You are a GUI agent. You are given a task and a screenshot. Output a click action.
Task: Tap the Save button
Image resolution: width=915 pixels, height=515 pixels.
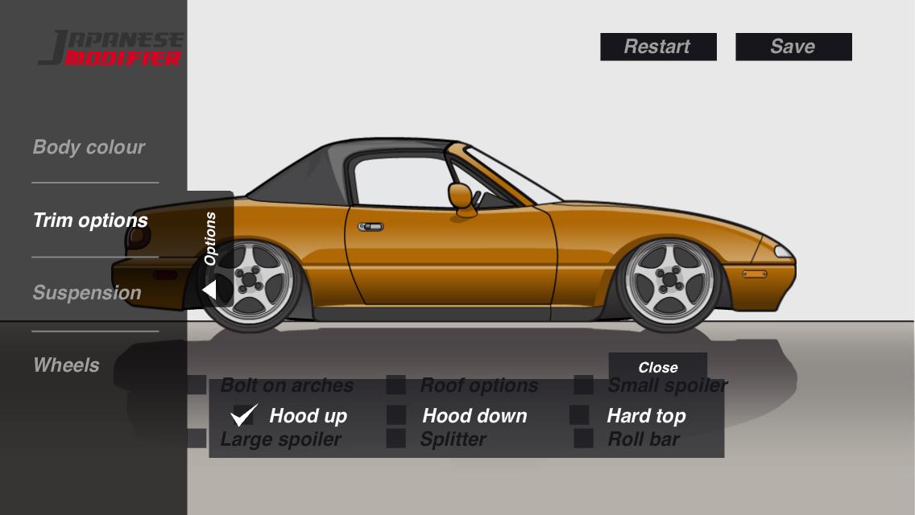point(793,47)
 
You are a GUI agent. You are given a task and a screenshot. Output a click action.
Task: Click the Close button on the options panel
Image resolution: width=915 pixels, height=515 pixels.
point(657,367)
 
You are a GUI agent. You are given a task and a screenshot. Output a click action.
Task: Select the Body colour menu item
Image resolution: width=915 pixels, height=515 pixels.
point(89,147)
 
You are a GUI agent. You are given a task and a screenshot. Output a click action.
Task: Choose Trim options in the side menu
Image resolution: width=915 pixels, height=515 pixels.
point(90,220)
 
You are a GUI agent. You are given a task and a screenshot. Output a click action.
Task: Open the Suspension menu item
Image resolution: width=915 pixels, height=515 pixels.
point(87,293)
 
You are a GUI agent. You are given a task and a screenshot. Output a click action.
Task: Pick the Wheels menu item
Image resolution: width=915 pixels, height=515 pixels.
point(66,365)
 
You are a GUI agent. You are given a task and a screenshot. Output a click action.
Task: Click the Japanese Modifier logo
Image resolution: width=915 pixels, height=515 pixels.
point(110,48)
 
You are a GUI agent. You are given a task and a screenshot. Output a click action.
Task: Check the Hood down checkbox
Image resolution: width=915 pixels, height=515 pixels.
point(396,415)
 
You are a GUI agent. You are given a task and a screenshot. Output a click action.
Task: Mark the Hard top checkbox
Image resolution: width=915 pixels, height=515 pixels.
point(579,415)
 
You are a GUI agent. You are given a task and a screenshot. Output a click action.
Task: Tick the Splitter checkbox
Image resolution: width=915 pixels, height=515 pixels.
point(395,439)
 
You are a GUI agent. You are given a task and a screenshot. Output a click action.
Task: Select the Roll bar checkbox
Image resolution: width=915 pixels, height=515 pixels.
point(583,439)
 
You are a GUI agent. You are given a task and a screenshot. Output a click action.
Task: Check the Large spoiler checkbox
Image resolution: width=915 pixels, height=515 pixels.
point(197,439)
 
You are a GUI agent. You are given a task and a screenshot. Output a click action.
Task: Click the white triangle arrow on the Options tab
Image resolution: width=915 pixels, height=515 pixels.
point(209,290)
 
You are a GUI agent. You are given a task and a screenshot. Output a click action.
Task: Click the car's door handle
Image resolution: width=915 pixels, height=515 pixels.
point(371,227)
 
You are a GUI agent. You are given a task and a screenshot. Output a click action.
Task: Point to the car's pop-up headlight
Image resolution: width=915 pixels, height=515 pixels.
point(782,252)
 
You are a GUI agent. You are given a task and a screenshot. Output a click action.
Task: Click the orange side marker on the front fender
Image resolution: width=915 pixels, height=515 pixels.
point(754,274)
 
